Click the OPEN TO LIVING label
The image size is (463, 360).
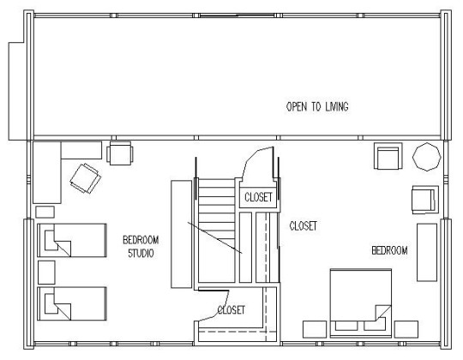click(317, 106)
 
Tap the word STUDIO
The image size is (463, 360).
click(141, 253)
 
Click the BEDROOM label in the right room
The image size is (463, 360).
click(389, 250)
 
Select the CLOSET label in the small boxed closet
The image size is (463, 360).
click(258, 197)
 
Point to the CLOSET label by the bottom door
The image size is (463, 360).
click(231, 309)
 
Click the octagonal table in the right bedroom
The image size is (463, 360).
click(427, 157)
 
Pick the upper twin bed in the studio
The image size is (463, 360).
click(72, 240)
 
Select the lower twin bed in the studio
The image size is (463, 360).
click(72, 303)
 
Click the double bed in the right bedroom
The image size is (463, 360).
click(361, 303)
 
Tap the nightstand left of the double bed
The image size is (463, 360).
click(315, 329)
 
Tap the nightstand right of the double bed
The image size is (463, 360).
click(406, 329)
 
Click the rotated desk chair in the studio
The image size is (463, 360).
click(86, 178)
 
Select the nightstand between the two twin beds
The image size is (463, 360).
click(46, 272)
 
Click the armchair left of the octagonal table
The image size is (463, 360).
click(388, 156)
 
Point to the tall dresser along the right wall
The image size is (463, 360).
click(427, 252)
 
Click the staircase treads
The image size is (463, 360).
click(216, 231)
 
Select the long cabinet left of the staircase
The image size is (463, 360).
click(181, 234)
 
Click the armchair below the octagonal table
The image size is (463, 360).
click(425, 200)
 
